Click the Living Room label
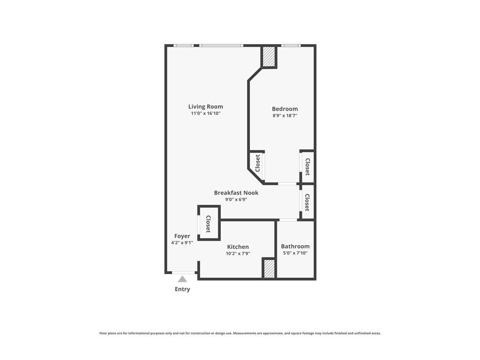[x=205, y=106]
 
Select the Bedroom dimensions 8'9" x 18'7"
[x=285, y=115]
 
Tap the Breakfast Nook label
[x=236, y=193]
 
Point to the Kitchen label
[x=238, y=247]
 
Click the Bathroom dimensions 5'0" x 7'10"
[x=295, y=253]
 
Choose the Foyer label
[x=182, y=236]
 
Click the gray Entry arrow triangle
[x=182, y=279]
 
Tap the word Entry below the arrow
[x=182, y=289]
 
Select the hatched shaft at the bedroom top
[x=269, y=57]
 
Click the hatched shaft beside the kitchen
[x=269, y=269]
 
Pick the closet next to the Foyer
[x=209, y=224]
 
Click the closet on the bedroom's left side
[x=257, y=164]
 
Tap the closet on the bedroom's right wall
[x=307, y=166]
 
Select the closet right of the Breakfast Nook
[x=307, y=202]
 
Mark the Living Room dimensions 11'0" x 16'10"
[x=205, y=113]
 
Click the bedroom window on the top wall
[x=291, y=45]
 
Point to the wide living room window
[x=221, y=45]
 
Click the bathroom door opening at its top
[x=288, y=220]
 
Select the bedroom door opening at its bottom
[x=287, y=183]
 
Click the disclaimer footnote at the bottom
[x=240, y=333]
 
